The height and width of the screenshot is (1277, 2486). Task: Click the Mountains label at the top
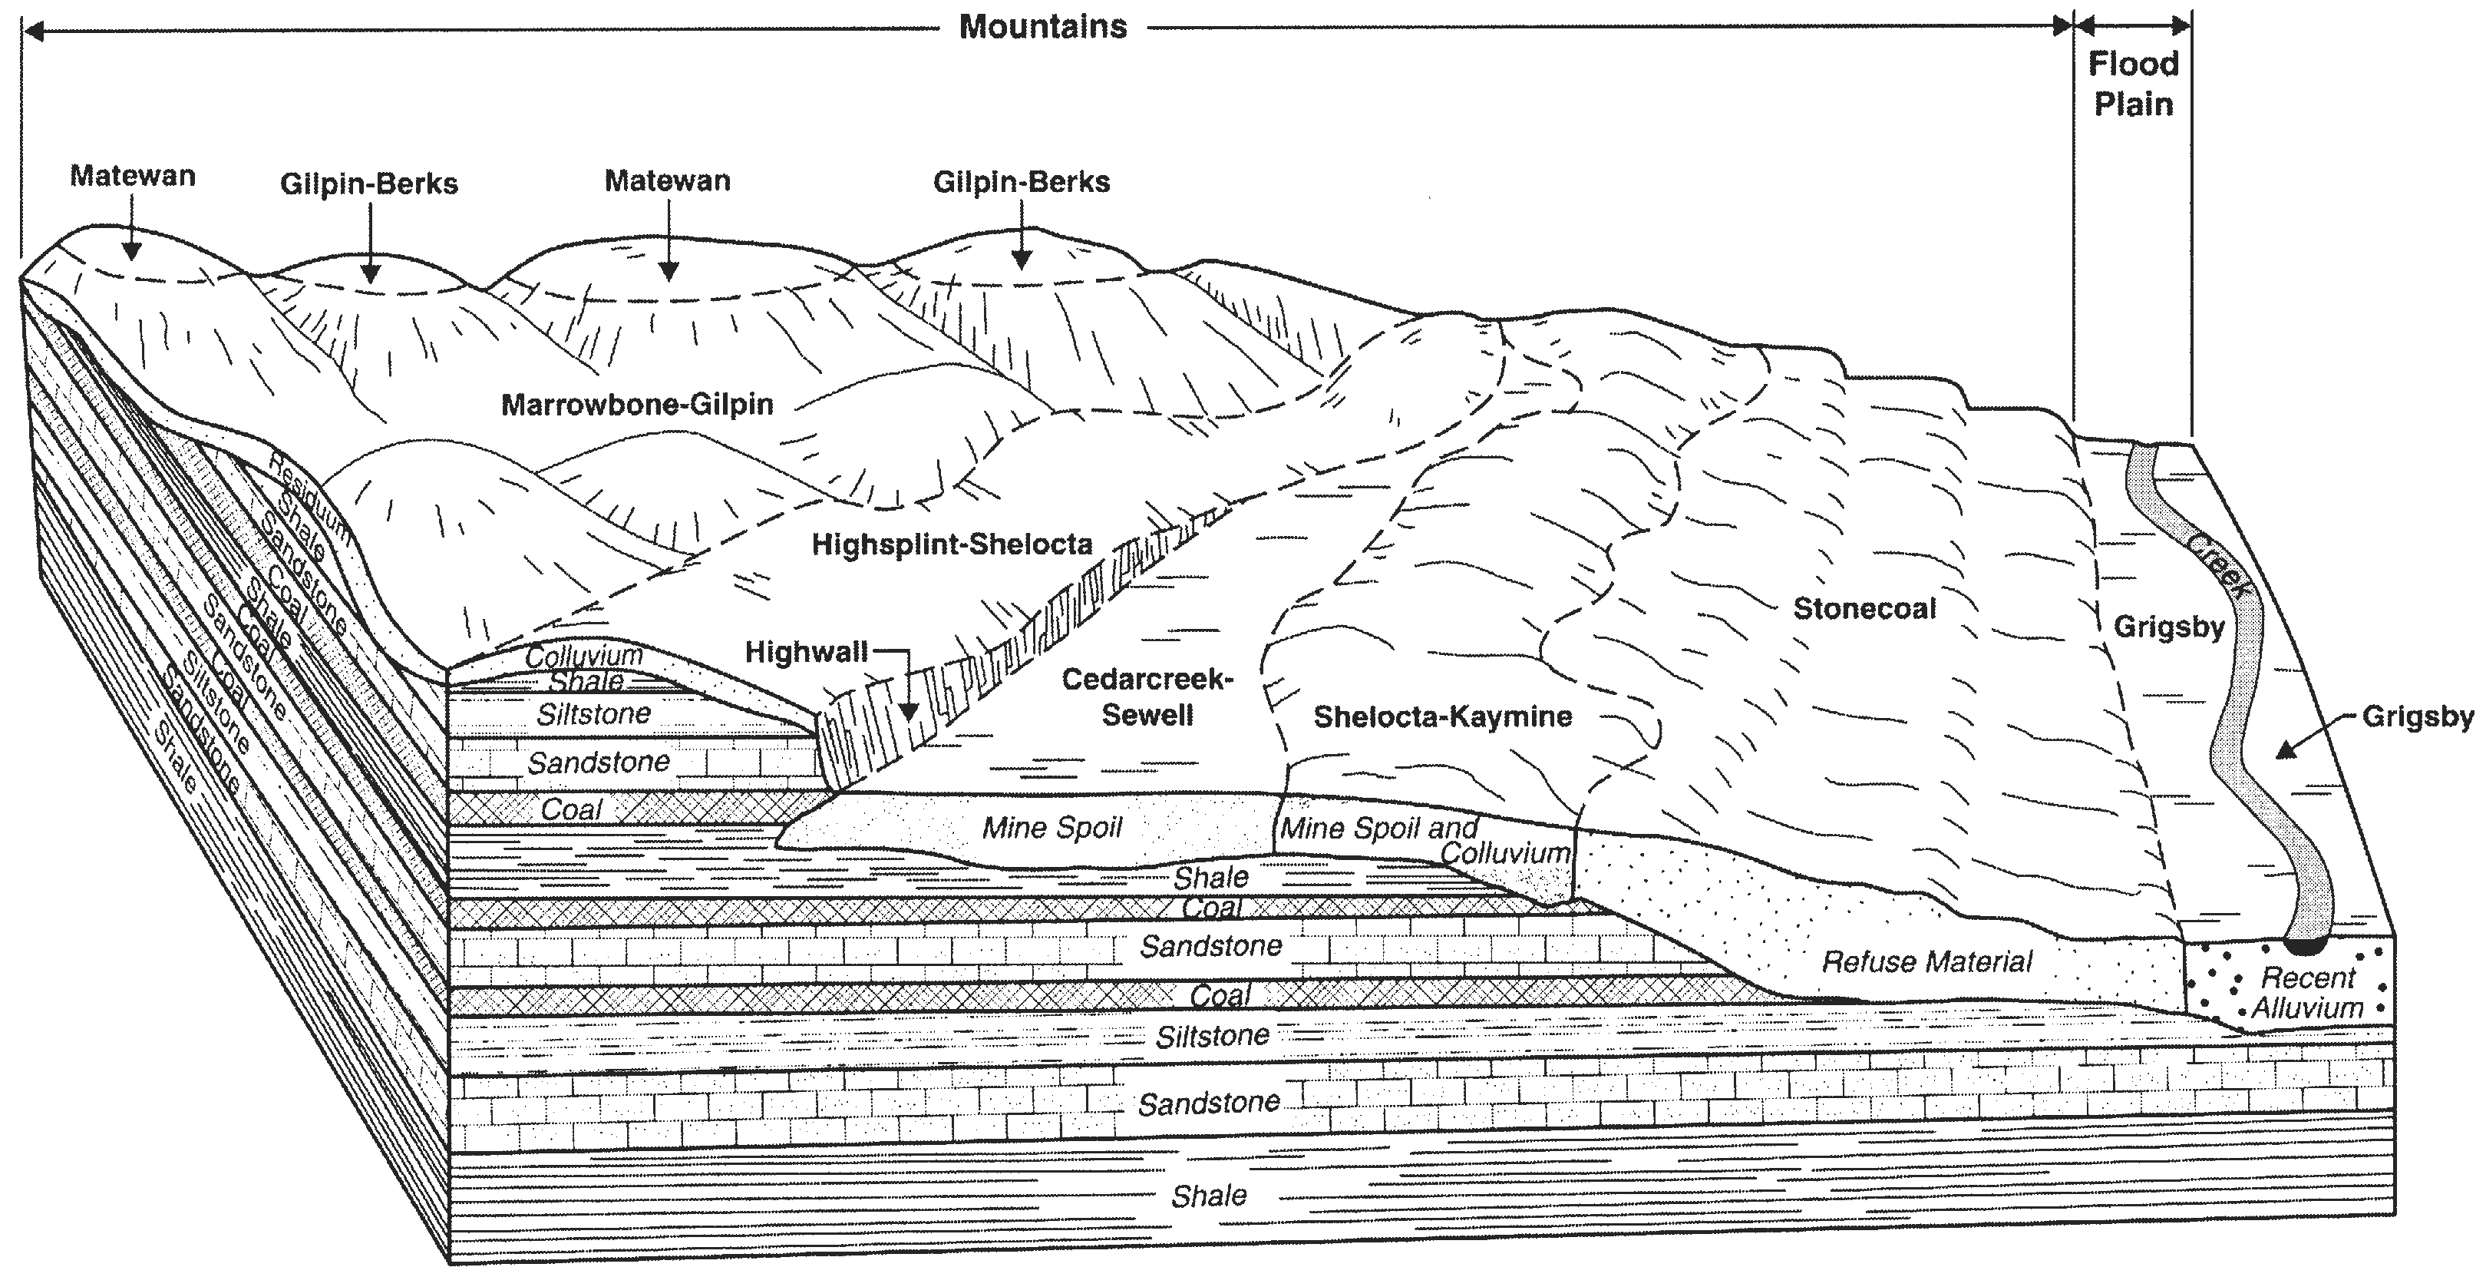(x=1042, y=27)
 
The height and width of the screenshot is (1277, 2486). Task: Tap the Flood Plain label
(x=2133, y=84)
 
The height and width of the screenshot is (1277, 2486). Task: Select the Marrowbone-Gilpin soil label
(x=637, y=405)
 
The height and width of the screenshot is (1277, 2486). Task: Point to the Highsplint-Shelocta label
(x=952, y=544)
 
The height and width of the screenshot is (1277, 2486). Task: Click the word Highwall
(x=806, y=653)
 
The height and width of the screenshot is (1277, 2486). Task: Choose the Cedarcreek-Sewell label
(x=1147, y=697)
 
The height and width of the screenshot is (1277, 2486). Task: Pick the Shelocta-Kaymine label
(x=1443, y=716)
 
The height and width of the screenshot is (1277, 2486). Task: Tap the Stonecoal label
(x=1864, y=609)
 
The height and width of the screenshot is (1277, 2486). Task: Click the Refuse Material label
(x=1926, y=961)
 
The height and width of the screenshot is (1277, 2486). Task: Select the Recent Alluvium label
(x=2307, y=993)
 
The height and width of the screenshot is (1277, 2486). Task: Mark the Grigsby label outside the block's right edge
(x=2418, y=717)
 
